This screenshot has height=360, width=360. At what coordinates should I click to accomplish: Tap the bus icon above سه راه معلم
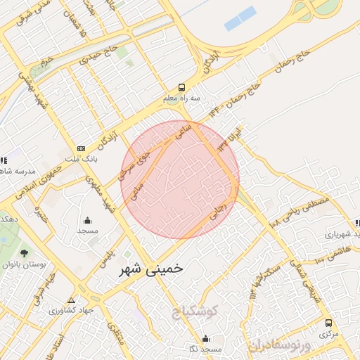pos(182,88)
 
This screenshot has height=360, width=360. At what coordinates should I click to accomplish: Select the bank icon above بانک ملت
pos(82,148)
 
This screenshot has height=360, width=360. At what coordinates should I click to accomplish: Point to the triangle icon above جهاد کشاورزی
pos(70,300)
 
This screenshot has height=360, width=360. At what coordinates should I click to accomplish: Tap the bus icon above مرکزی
pos(328,323)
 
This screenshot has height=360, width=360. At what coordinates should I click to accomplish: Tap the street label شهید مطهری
pos(101,193)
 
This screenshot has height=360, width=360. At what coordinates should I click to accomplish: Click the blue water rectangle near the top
pos(240,18)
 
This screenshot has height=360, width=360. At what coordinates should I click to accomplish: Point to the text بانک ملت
pos(82,160)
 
